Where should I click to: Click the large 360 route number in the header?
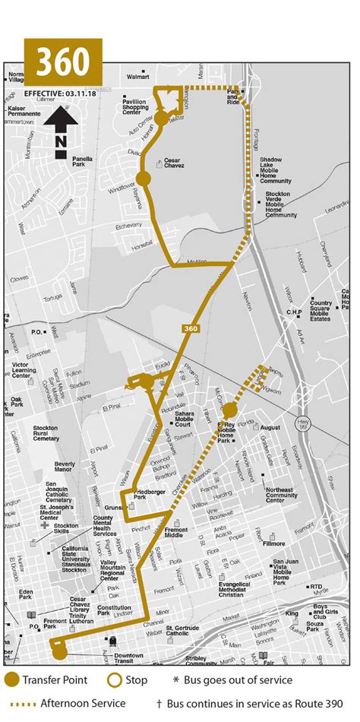coord(64,60)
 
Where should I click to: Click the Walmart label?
coord(137,77)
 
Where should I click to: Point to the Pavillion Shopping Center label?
coord(135,107)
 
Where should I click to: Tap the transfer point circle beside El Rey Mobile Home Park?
coord(229,410)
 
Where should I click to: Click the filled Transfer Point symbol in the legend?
coord(12,680)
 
